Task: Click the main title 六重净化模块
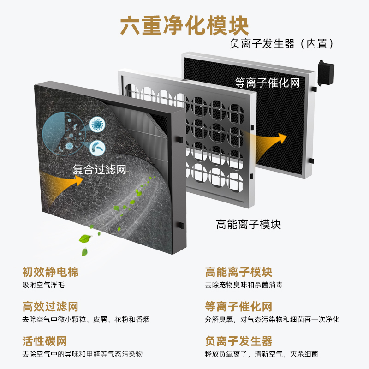(x=184, y=25)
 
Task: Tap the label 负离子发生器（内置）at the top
(x=282, y=43)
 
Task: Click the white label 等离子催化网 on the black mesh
(x=268, y=83)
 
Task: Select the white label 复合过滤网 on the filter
(x=99, y=169)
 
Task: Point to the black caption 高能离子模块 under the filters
(x=249, y=225)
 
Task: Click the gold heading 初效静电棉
(x=50, y=272)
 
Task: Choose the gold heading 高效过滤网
(x=50, y=307)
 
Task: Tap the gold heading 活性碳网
(x=45, y=341)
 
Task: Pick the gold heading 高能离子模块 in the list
(x=238, y=272)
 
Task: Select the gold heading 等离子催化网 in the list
(x=238, y=307)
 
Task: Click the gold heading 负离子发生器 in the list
(x=238, y=341)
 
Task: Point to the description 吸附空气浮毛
(x=43, y=285)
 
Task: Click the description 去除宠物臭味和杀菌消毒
(x=244, y=285)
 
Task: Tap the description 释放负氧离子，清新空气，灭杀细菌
(x=262, y=354)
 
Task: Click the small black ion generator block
(x=326, y=73)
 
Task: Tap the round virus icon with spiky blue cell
(x=97, y=125)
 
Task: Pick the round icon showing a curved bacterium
(x=97, y=148)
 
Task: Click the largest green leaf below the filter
(x=85, y=238)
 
